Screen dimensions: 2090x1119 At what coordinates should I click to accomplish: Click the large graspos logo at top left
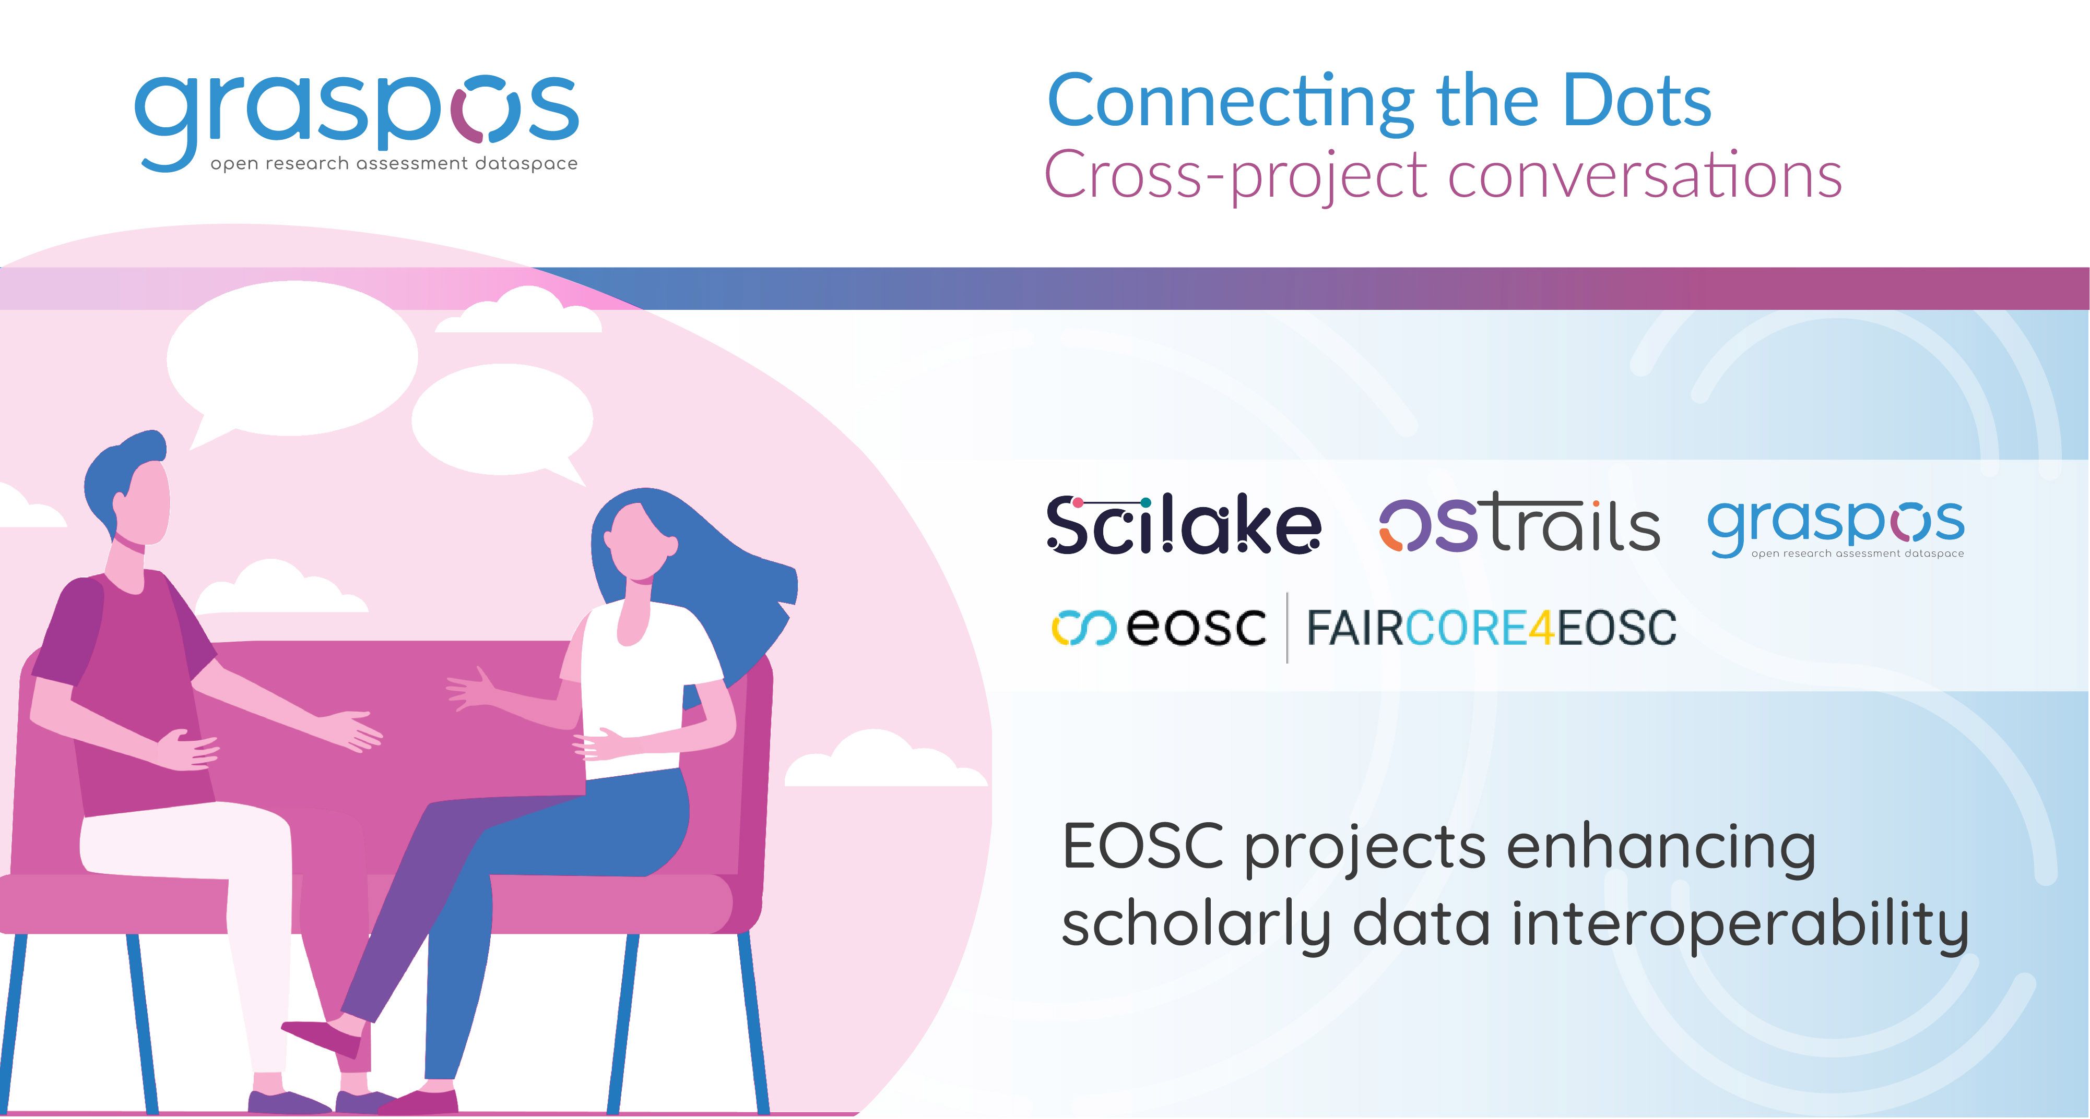tap(357, 122)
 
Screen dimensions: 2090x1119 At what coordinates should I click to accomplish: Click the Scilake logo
tap(1184, 525)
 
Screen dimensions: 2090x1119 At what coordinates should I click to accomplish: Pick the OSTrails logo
tap(1520, 525)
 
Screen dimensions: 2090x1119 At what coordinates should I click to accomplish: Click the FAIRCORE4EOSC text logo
tap(1491, 628)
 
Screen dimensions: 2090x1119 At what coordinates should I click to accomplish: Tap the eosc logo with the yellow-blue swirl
tap(1159, 628)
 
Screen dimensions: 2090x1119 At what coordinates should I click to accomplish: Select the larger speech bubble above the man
tap(292, 361)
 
